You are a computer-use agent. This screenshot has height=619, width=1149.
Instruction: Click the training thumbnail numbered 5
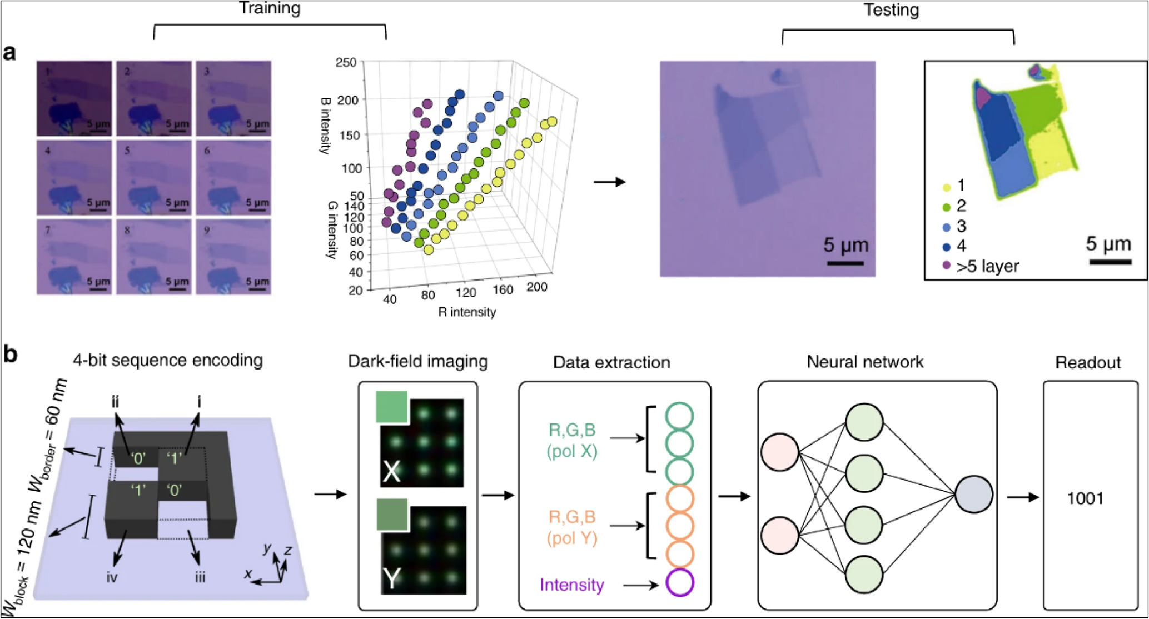coord(154,177)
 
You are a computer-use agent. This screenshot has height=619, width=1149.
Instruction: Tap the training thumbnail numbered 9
coord(233,256)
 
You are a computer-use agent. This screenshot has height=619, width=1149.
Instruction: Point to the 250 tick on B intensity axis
coord(346,62)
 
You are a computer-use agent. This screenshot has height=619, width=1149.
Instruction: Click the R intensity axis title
coord(466,312)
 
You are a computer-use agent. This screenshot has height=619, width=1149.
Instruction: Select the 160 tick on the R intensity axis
coord(503,289)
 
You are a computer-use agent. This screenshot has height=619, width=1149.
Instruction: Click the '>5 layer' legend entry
coord(987,267)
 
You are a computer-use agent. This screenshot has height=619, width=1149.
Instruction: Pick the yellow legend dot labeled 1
coord(947,187)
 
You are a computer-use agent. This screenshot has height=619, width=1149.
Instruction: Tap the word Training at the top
coord(270,8)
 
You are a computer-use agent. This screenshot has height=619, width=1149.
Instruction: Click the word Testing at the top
coord(891,10)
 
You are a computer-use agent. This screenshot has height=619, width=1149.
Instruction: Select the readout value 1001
coord(1085,498)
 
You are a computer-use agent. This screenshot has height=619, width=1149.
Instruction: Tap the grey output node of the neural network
coord(973,494)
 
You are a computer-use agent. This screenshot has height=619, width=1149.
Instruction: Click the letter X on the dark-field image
coord(392,471)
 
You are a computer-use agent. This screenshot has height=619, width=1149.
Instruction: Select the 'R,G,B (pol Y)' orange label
coord(572,527)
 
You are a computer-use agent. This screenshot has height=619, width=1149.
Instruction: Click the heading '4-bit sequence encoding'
coord(168,361)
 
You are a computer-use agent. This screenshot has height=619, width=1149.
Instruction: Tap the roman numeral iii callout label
coord(200,577)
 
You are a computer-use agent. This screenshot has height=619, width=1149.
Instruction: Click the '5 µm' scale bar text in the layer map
coord(1108,244)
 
